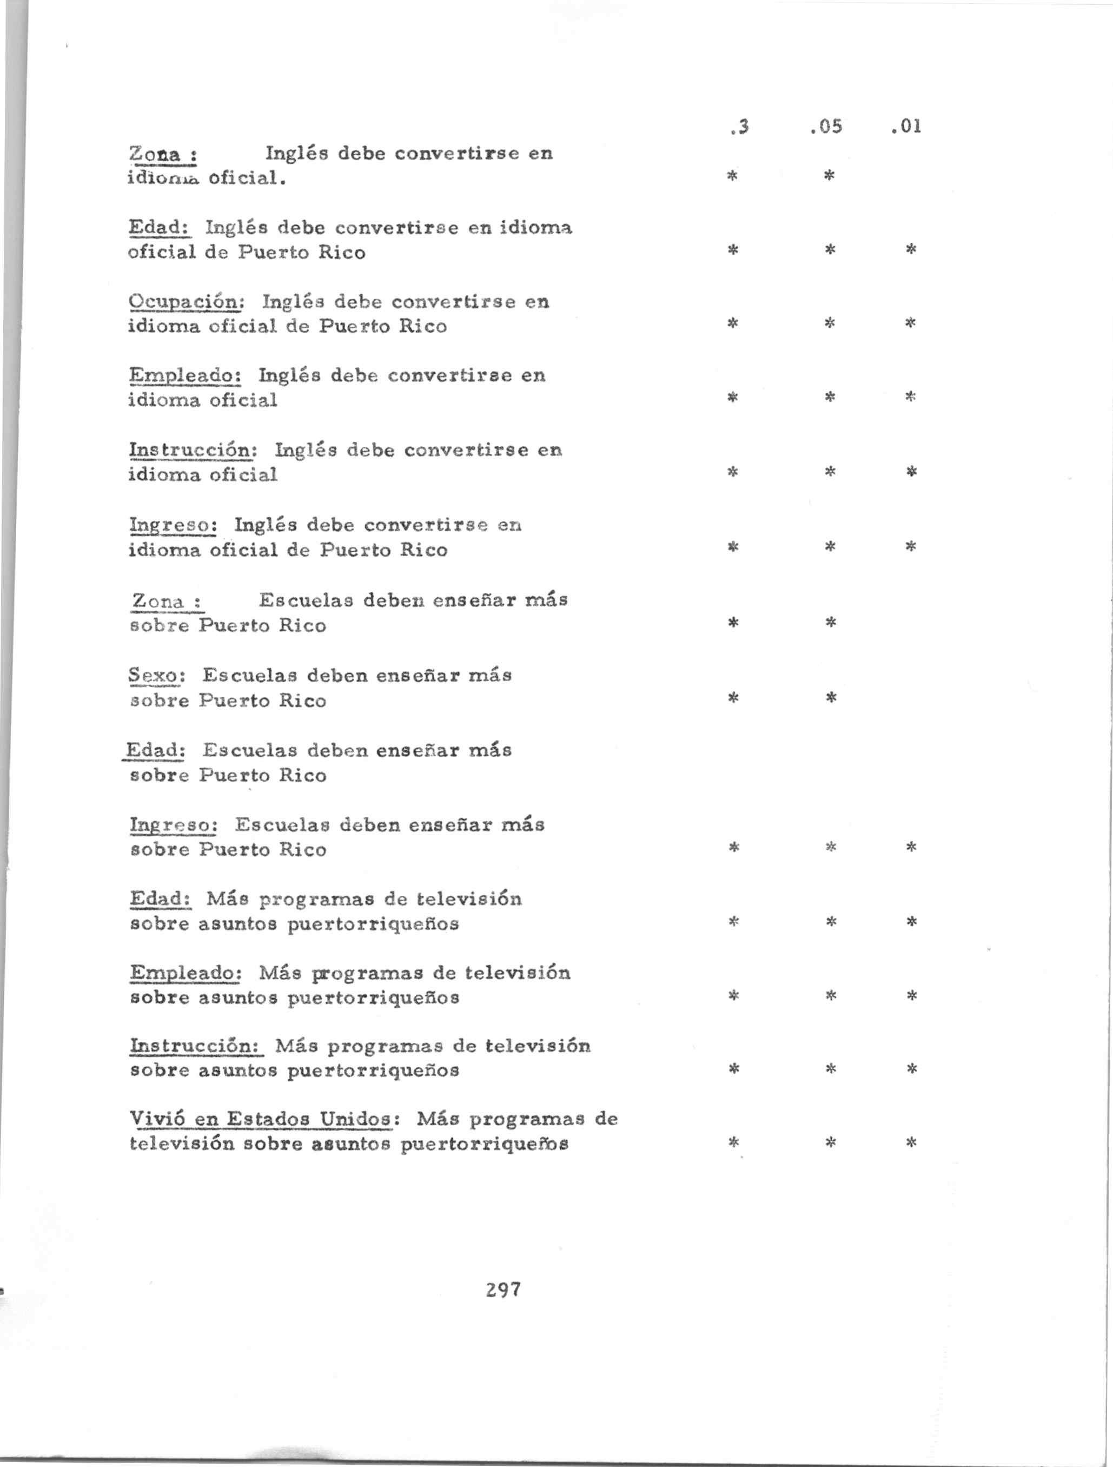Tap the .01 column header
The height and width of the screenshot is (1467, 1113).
(x=907, y=126)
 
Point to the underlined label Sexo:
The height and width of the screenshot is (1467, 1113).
(x=156, y=676)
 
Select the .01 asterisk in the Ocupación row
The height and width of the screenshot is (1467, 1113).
(x=911, y=323)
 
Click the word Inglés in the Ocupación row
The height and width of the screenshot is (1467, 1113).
(x=291, y=302)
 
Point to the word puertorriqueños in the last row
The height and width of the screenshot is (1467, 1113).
(x=485, y=1145)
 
